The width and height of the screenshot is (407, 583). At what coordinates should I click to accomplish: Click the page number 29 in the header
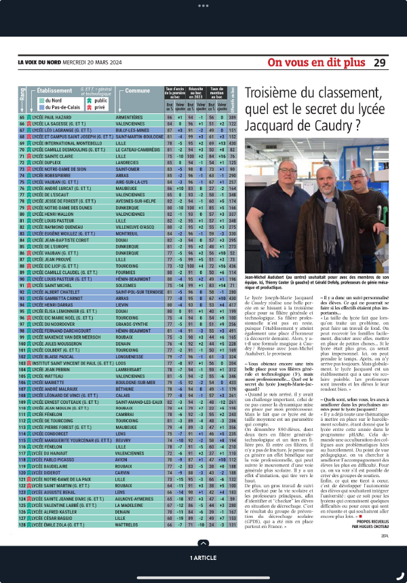[x=379, y=62]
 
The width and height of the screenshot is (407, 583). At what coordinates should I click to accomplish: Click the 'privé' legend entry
[x=99, y=107]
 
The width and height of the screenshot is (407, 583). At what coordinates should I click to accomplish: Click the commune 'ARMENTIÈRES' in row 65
[x=140, y=117]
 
